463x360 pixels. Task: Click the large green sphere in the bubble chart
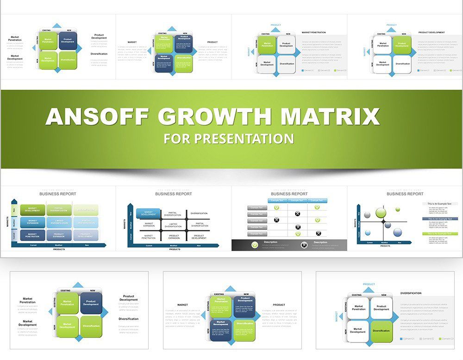(x=381, y=213)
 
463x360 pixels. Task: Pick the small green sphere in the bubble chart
(x=398, y=209)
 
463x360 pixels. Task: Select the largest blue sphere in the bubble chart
(x=397, y=232)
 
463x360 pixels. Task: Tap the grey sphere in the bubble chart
(x=367, y=215)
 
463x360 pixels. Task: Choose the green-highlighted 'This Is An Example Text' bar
(x=440, y=234)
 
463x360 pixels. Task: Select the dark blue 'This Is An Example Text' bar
(x=440, y=219)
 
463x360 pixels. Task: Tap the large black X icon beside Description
(x=304, y=245)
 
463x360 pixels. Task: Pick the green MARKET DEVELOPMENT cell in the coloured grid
(x=32, y=210)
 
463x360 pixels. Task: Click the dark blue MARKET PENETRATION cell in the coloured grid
(x=32, y=236)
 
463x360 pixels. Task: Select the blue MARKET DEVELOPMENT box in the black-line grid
(x=148, y=213)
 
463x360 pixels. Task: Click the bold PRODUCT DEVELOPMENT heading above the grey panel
(x=432, y=32)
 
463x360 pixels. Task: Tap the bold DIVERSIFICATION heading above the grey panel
(x=411, y=293)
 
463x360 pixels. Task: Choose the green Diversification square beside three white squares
(x=381, y=331)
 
